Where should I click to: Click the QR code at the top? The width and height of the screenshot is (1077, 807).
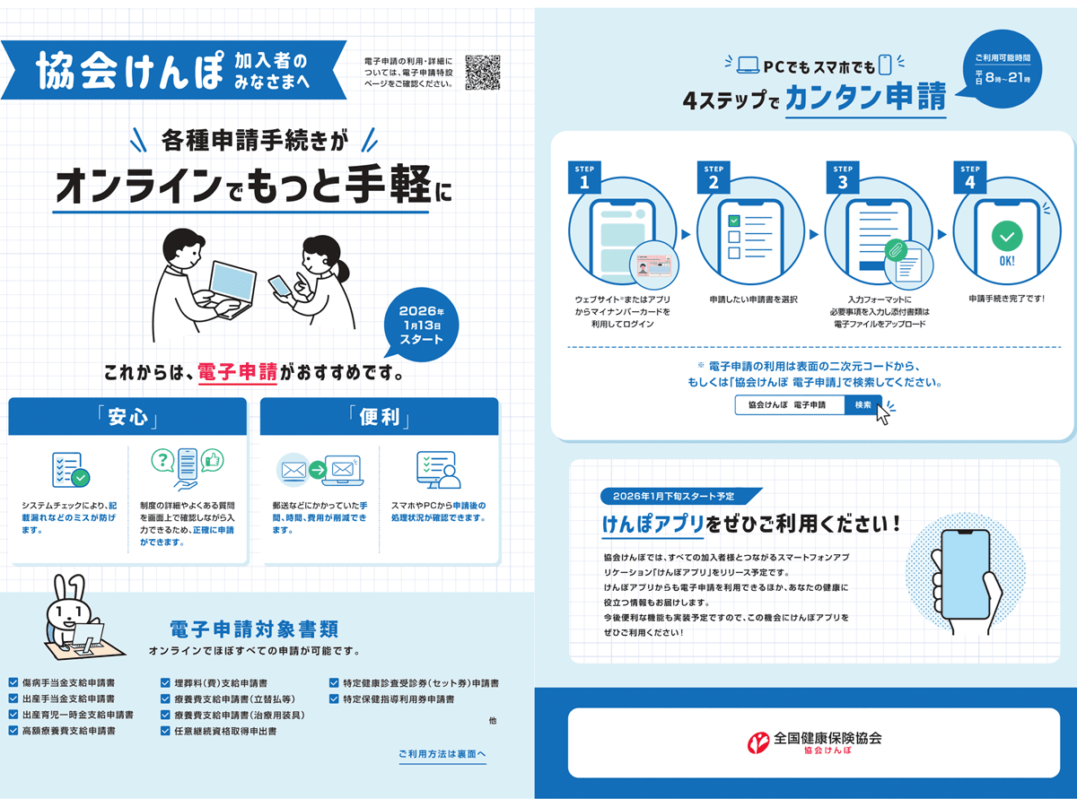tap(483, 73)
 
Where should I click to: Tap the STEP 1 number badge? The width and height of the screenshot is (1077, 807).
tap(584, 178)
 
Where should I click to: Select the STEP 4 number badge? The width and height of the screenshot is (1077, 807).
tap(969, 178)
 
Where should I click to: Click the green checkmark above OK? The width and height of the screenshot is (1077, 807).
tap(1007, 237)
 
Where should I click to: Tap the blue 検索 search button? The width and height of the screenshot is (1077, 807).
tap(863, 405)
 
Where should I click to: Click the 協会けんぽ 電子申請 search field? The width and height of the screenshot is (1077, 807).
tap(789, 405)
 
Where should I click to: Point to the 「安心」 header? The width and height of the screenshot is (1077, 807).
tap(127, 418)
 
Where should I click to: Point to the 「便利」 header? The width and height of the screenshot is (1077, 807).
tap(379, 418)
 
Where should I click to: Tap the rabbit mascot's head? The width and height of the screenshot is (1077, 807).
tap(67, 610)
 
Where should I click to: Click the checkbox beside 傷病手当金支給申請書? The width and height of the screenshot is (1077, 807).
tap(13, 682)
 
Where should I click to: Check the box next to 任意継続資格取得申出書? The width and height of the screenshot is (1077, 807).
tap(166, 731)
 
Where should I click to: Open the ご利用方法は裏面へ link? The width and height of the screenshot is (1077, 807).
tap(442, 754)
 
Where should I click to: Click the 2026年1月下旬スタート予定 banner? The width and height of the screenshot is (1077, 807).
tap(682, 496)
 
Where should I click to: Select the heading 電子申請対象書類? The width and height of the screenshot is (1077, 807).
tap(254, 628)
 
